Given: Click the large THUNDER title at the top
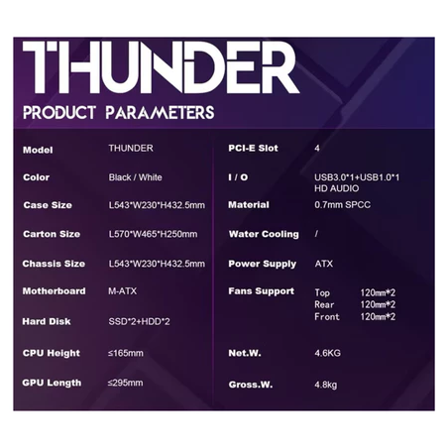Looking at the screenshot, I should [160, 69].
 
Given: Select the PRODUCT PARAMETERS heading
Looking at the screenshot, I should [118, 113].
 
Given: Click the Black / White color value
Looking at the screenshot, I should [134, 177].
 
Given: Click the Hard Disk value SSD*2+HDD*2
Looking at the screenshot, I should [139, 321].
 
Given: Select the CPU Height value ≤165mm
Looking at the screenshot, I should [126, 353].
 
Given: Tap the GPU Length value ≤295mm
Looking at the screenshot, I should [126, 382].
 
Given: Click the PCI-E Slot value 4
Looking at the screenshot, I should [317, 149].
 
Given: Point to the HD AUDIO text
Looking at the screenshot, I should [336, 188].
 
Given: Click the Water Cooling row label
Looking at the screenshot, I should [263, 234].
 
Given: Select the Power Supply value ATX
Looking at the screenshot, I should [323, 264].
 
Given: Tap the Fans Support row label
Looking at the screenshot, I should [261, 291].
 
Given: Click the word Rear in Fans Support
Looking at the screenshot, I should [324, 304].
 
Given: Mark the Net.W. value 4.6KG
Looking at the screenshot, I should [328, 352].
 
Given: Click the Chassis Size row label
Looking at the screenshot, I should [54, 264].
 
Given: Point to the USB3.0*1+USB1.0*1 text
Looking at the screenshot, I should [357, 177].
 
